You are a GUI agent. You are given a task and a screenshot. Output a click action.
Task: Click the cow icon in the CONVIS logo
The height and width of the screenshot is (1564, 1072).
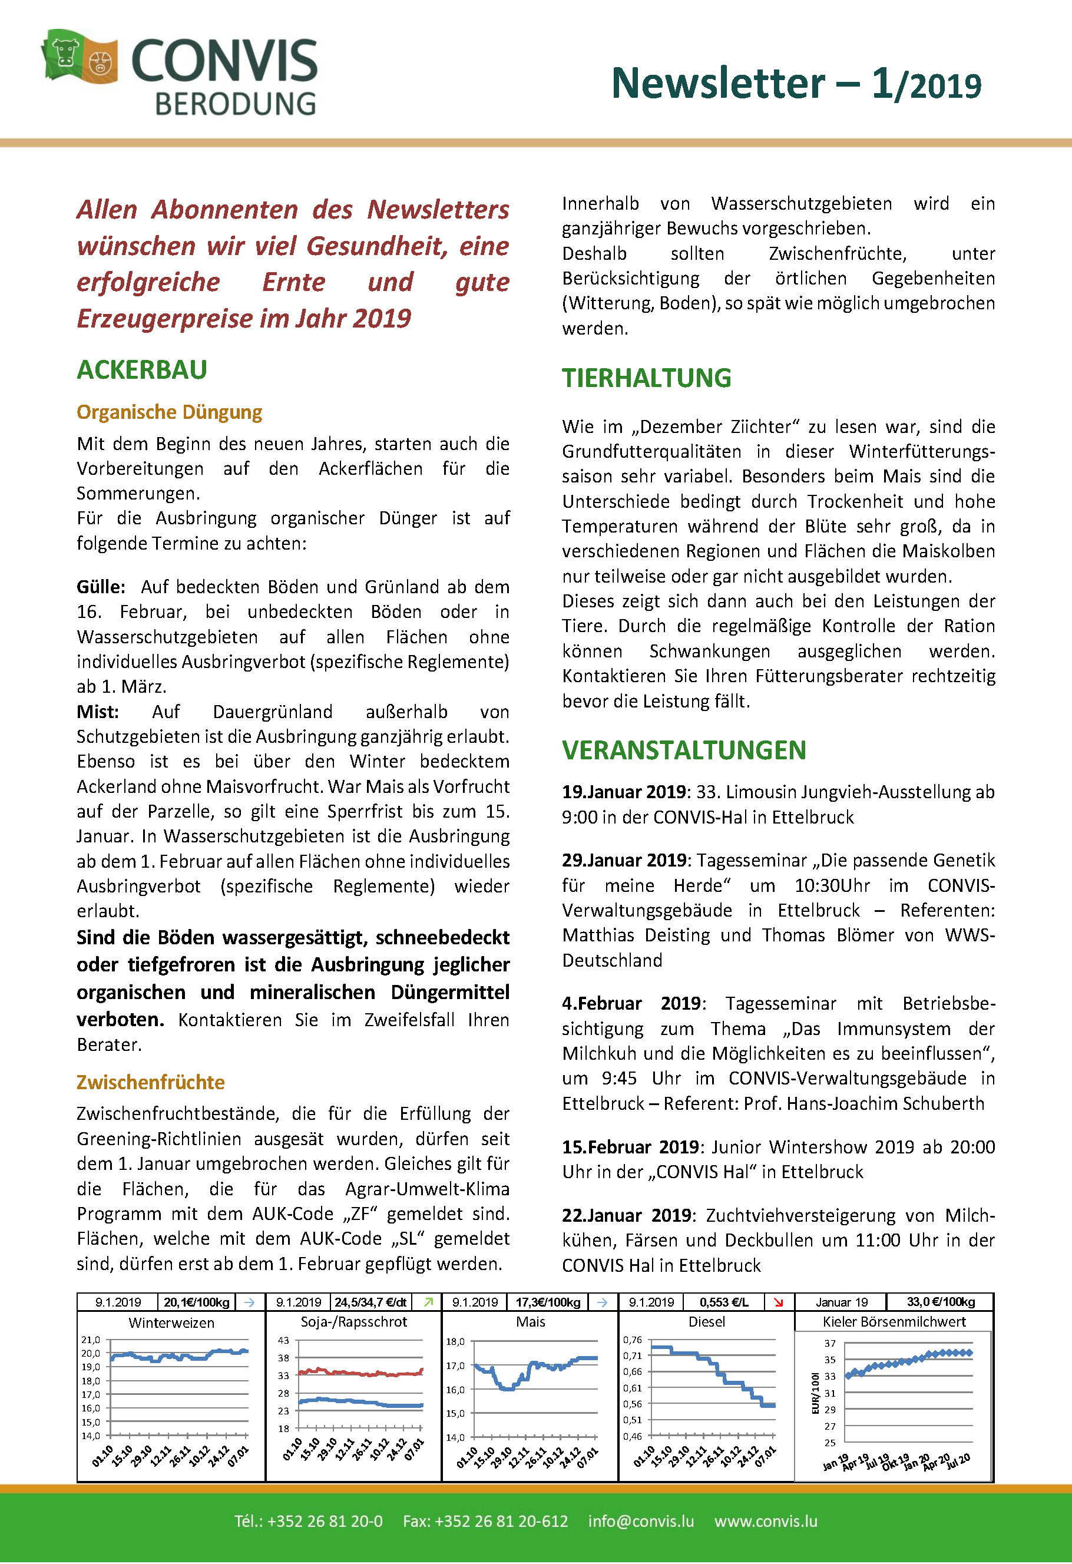pyautogui.click(x=65, y=52)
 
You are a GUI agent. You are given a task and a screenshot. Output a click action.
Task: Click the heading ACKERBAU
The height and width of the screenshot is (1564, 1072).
pyautogui.click(x=142, y=370)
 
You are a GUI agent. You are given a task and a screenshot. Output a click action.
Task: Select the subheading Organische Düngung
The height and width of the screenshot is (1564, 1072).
pyautogui.click(x=169, y=412)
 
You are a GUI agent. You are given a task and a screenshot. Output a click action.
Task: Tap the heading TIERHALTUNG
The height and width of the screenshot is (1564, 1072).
pyautogui.click(x=646, y=378)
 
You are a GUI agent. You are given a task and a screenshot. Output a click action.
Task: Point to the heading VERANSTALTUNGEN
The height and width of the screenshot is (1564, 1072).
pyautogui.click(x=684, y=750)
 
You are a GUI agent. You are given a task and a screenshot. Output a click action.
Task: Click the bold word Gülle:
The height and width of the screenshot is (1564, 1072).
pyautogui.click(x=101, y=587)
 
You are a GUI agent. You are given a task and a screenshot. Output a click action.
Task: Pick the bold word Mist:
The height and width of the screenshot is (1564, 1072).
pyautogui.click(x=98, y=712)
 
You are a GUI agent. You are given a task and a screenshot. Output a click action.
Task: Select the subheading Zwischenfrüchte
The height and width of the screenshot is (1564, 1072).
pyautogui.click(x=150, y=1082)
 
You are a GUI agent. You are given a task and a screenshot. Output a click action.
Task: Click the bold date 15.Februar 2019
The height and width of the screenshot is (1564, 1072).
pyautogui.click(x=631, y=1147)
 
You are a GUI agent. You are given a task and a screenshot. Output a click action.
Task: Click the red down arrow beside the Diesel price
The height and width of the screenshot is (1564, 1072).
pyautogui.click(x=779, y=1302)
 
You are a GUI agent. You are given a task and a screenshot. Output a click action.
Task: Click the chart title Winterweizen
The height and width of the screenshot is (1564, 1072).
pyautogui.click(x=171, y=1323)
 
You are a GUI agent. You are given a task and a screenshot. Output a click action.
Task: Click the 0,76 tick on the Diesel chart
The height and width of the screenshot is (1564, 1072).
pyautogui.click(x=633, y=1340)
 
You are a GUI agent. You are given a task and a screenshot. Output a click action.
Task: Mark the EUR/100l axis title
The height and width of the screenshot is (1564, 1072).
pyautogui.click(x=815, y=1393)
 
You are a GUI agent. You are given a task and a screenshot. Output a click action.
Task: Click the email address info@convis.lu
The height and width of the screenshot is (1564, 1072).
pyautogui.click(x=641, y=1522)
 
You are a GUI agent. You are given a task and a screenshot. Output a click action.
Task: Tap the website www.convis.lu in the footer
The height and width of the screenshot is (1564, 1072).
pyautogui.click(x=766, y=1522)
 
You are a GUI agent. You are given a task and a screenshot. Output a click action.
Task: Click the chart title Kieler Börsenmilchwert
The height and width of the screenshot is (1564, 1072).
pyautogui.click(x=894, y=1322)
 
